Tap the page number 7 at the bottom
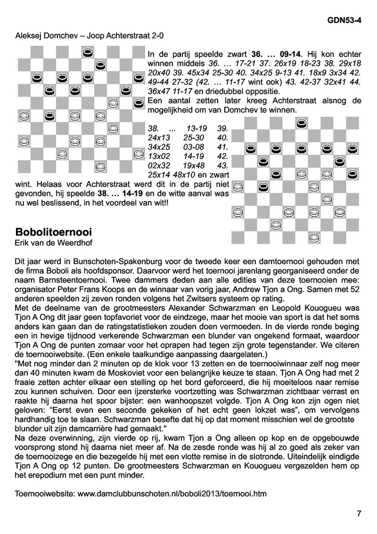pos(359,514)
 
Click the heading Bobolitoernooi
pos(53,232)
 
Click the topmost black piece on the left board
pos(88,52)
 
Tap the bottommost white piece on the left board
pos(100,166)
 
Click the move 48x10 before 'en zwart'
pos(193,175)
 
